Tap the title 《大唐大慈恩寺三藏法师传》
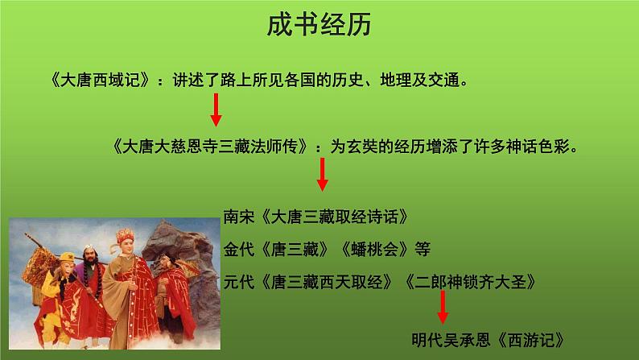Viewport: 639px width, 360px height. (212, 147)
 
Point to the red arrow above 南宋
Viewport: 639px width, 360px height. (322, 173)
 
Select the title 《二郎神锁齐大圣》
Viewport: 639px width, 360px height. (467, 283)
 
